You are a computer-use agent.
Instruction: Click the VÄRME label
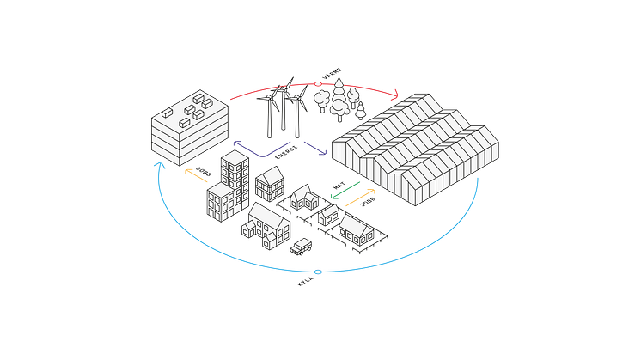[x=333, y=74]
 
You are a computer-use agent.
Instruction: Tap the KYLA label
[x=305, y=282]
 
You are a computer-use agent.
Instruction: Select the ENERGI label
[x=286, y=152]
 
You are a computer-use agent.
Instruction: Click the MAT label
[x=339, y=186]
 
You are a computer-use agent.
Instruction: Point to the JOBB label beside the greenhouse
[x=368, y=202]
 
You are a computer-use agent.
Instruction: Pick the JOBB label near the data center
[x=204, y=172]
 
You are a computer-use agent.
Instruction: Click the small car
[x=302, y=247]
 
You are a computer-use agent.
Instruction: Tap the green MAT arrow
[x=345, y=191]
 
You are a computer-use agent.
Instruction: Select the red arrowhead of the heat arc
[x=395, y=95]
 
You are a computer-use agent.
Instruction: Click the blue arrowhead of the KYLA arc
[x=159, y=165]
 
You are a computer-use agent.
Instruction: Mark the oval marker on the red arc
[x=318, y=83]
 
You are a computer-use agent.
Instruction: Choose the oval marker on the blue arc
[x=318, y=272]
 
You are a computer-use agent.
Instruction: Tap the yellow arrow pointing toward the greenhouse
[x=361, y=198]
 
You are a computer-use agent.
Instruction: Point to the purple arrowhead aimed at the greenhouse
[x=323, y=152]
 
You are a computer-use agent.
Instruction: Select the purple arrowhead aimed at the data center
[x=236, y=143]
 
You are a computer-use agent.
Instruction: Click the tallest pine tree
[x=339, y=94]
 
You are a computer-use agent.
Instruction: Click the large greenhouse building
[x=415, y=150]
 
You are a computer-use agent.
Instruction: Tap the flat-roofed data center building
[x=190, y=127]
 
